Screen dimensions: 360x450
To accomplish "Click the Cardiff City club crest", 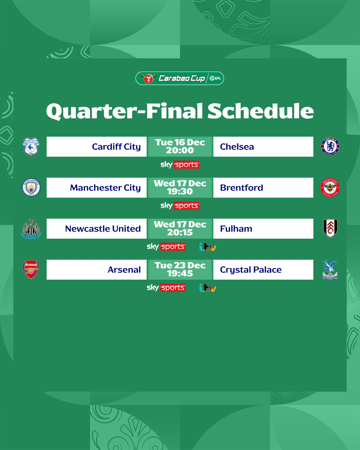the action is point(31,147).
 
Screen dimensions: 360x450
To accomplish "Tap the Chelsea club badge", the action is point(330,146).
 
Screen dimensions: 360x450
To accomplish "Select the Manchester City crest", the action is point(31,187).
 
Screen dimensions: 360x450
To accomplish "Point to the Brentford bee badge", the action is point(330,188).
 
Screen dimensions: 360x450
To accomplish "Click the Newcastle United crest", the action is point(31,229).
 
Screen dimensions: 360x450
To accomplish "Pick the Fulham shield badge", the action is point(330,228).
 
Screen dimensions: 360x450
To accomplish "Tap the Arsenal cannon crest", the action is point(31,270).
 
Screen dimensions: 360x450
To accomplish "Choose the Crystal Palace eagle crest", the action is point(330,270).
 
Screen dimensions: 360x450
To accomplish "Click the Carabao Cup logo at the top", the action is point(180,78).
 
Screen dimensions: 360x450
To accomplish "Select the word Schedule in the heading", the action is point(261,111).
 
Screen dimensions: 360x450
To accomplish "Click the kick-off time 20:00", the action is point(180,150).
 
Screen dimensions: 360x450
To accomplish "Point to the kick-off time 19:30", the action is point(180,191).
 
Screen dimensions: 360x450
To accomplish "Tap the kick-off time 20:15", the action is point(180,232).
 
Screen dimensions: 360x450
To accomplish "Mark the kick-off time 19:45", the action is point(180,273).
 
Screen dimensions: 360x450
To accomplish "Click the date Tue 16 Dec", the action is point(180,142).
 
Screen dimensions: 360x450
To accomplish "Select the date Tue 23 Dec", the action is point(180,265).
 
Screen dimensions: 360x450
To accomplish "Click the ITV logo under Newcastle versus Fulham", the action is point(208,247).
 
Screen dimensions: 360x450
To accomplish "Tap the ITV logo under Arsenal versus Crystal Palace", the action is point(208,288).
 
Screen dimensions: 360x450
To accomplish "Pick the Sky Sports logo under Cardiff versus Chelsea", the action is point(180,165).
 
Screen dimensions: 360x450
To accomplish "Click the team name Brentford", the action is point(241,188).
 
